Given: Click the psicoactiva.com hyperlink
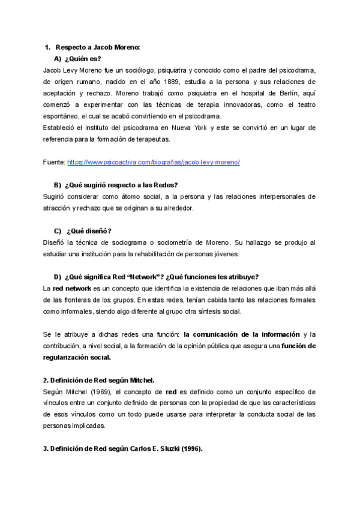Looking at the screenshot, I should point(154,162).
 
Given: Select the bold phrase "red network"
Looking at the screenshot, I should point(72,288).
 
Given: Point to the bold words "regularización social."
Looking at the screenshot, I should point(77,358).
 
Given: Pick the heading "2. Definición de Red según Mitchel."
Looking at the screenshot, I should point(99,380).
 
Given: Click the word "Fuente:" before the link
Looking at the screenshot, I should point(55,162).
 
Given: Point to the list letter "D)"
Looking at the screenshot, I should point(58,277).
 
